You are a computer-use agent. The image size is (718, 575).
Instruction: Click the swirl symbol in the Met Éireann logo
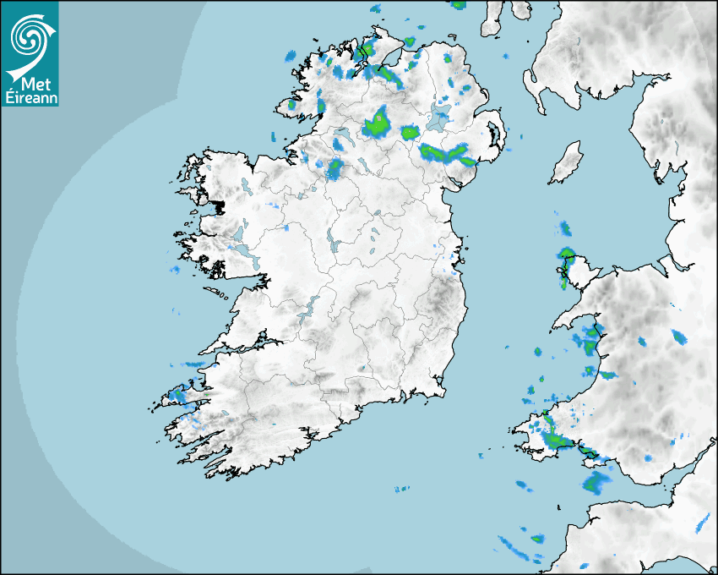[28, 35]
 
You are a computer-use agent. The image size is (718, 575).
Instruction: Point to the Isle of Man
[566, 163]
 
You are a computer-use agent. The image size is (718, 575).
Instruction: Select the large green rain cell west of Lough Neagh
[378, 123]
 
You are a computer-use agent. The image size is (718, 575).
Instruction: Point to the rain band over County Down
[447, 154]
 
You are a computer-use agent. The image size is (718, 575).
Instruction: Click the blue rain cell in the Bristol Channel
[596, 482]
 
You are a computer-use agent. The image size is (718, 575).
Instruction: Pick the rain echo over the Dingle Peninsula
[179, 394]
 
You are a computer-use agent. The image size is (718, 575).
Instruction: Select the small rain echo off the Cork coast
[401, 488]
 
